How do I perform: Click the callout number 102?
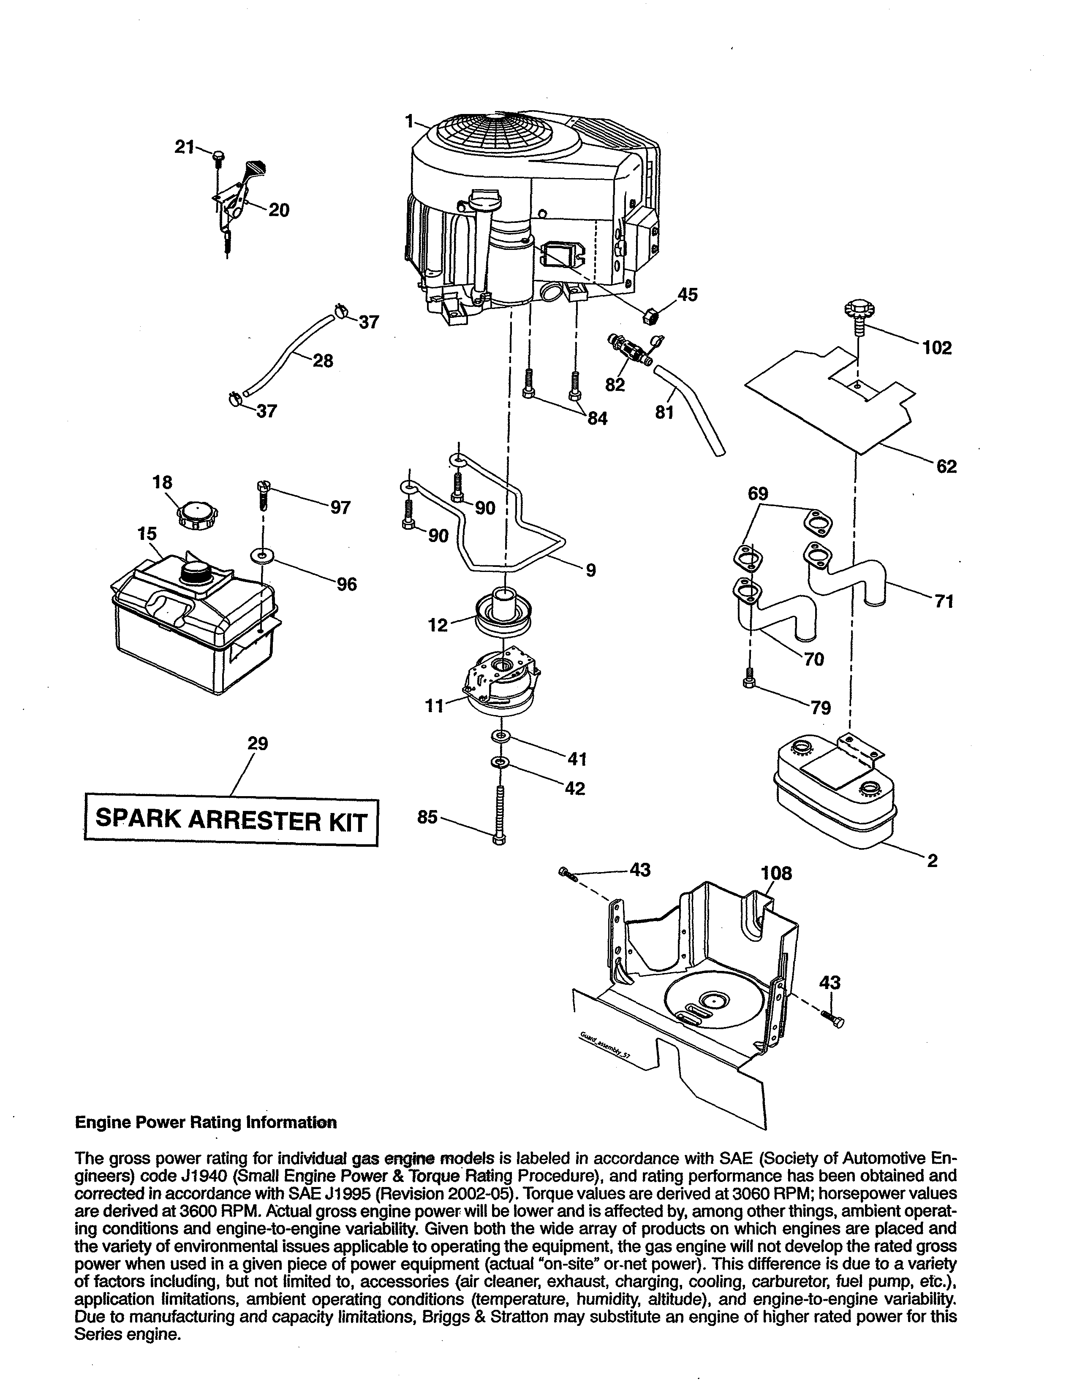937,348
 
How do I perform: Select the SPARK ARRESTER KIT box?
231,820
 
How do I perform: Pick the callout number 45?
687,295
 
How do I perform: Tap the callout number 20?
279,210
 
